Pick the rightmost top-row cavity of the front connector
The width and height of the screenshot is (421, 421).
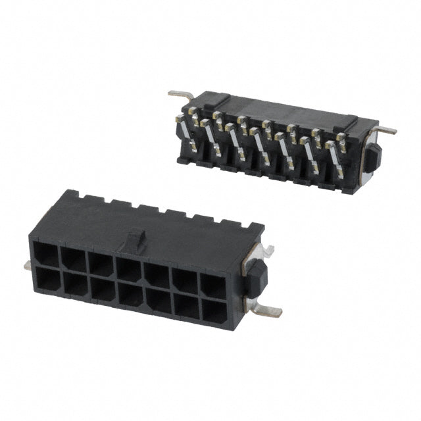pos(212,284)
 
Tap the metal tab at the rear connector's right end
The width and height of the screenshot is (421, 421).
pos(387,130)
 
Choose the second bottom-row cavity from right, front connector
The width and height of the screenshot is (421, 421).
pos(186,307)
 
